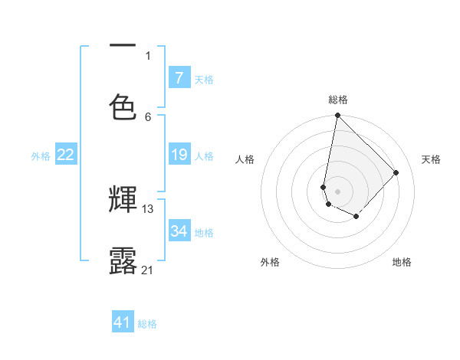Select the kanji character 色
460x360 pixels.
[123, 106]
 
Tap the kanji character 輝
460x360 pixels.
[123, 200]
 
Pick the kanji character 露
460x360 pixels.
[123, 260]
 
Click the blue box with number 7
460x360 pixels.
[179, 78]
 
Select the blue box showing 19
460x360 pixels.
[179, 155]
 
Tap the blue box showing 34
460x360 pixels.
[179, 231]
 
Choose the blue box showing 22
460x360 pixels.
[66, 155]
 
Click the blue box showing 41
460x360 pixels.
[123, 322]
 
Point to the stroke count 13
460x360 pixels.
[148, 208]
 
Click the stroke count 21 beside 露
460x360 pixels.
[148, 270]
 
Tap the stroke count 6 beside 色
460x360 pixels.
[148, 116]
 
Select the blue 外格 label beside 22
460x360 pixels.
[41, 156]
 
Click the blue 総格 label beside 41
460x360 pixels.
[147, 324]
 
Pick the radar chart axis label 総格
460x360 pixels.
[338, 100]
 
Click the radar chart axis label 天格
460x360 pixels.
[431, 159]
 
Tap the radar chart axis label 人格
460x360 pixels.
[245, 159]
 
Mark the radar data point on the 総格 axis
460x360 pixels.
[337, 116]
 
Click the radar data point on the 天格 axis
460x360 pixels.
[396, 172]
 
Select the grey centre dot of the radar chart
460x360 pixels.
[337, 191]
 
